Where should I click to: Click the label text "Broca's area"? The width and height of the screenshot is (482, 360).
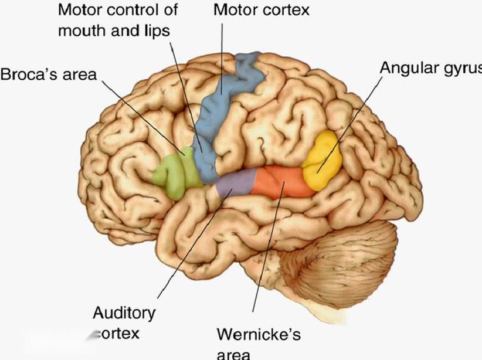48,74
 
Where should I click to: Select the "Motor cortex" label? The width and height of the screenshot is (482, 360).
261,9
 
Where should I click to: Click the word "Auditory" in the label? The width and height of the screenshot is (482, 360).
124,313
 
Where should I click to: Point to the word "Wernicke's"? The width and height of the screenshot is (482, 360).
259,335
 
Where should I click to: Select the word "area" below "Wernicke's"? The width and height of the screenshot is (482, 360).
233,354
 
